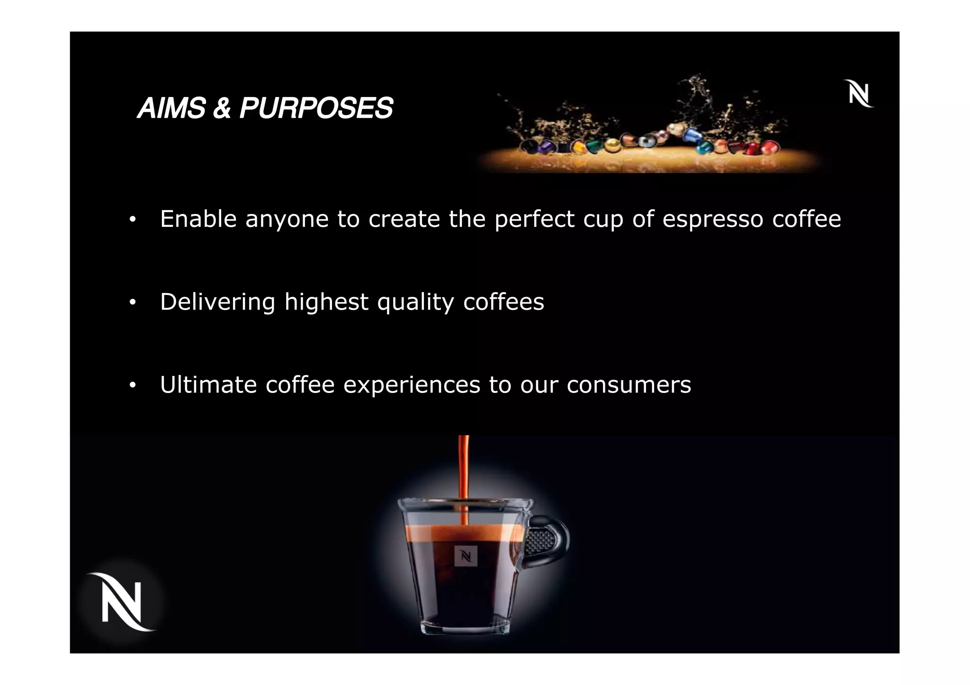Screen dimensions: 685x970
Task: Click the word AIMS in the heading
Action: [171, 108]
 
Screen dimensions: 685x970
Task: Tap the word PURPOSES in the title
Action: [316, 108]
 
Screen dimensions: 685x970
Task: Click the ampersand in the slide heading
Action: [222, 108]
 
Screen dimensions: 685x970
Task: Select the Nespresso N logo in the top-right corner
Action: [858, 94]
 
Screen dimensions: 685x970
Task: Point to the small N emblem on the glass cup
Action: [466, 556]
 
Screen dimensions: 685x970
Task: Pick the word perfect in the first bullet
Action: [534, 219]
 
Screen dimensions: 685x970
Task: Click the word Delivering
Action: [217, 302]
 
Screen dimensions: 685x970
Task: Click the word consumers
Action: [629, 385]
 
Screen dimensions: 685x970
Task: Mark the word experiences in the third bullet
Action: [412, 385]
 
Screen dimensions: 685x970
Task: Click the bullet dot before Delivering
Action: [133, 302]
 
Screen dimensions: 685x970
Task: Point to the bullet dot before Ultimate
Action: [133, 385]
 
